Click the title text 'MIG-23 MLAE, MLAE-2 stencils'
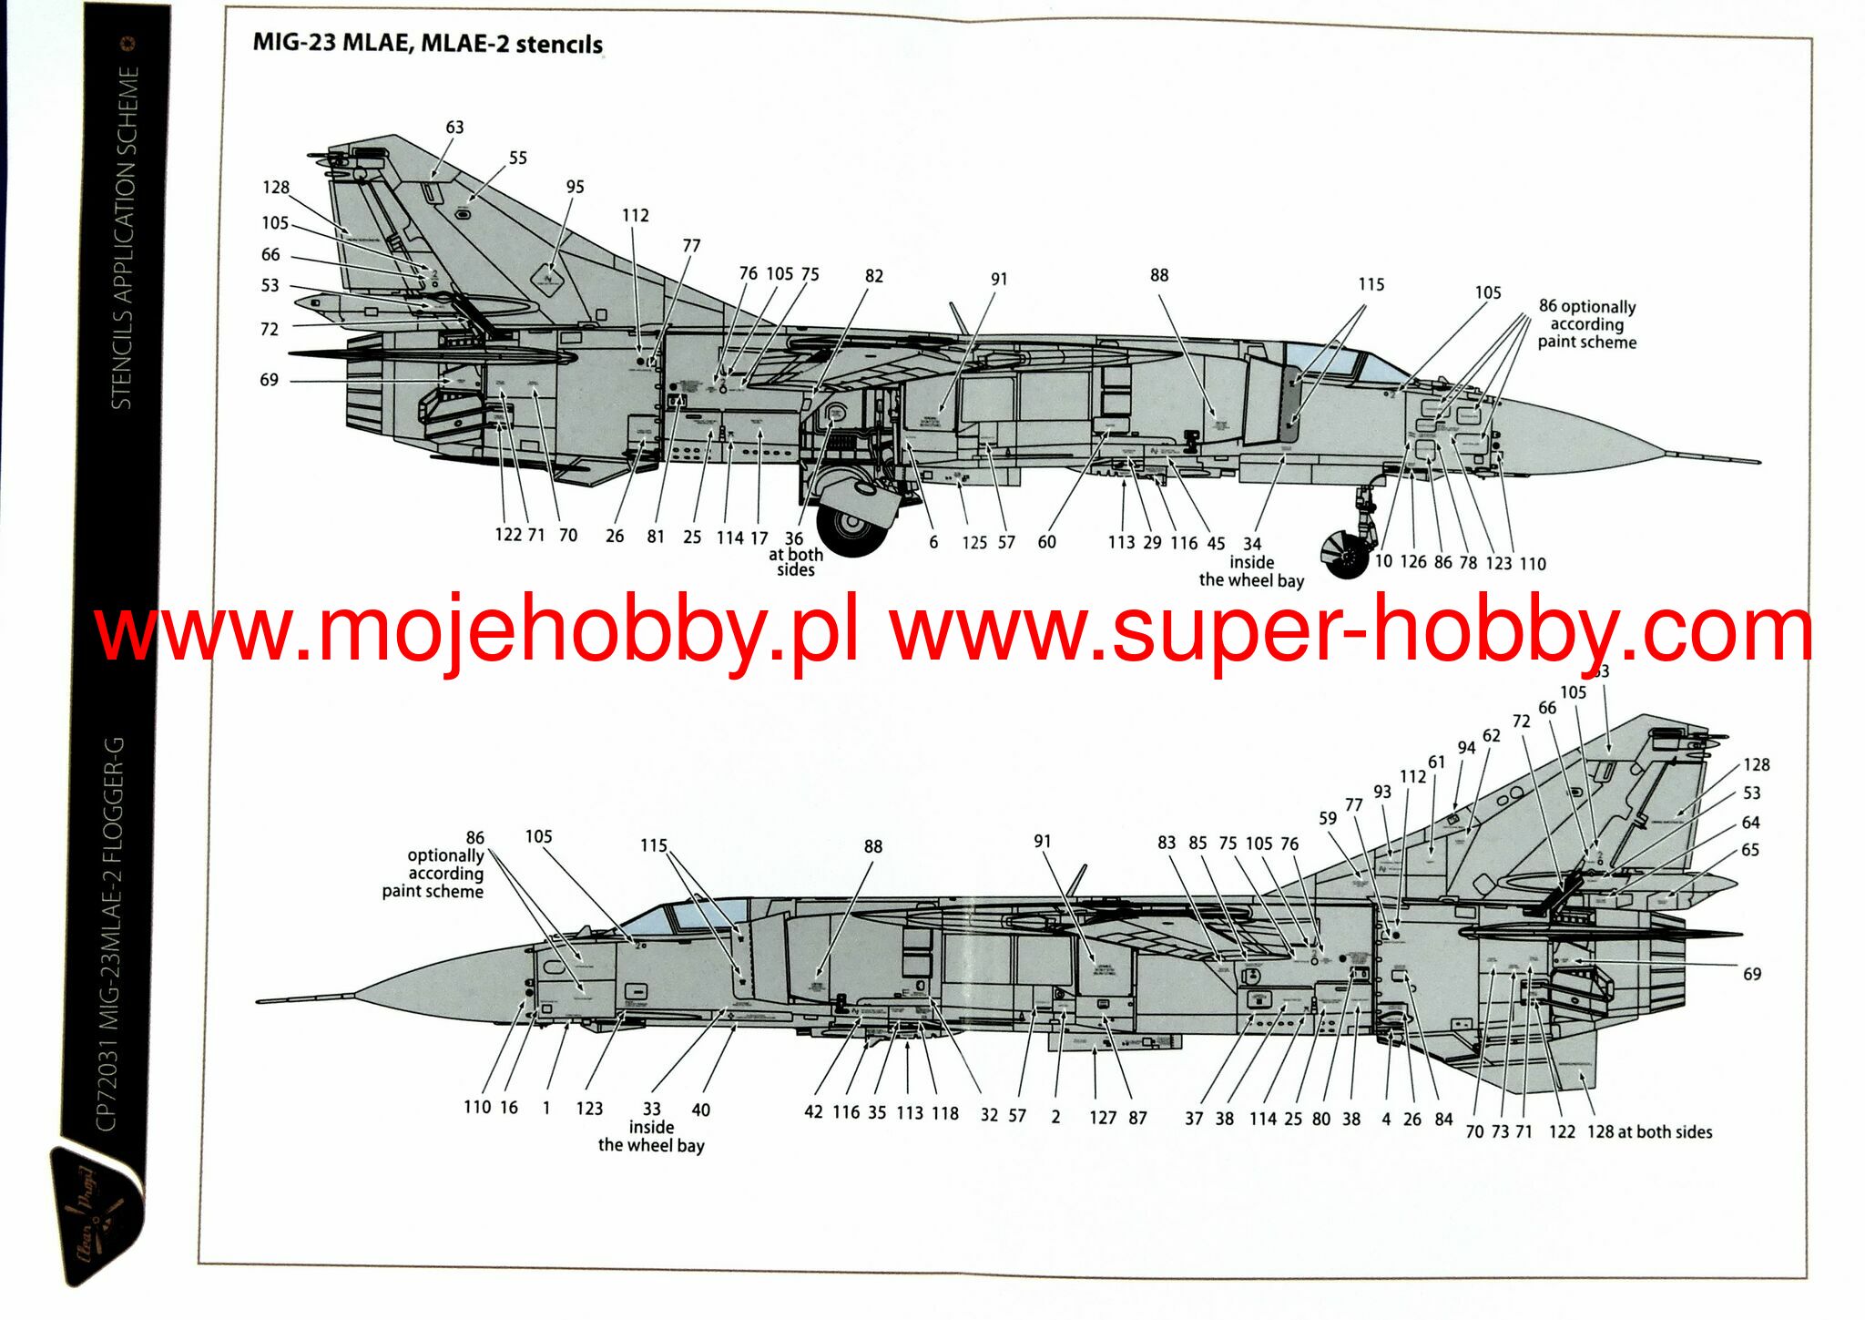point(427,44)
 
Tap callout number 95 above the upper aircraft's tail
point(575,187)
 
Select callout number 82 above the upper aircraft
point(873,276)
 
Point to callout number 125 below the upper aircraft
point(973,543)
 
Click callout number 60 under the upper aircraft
point(1046,542)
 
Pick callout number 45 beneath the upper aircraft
point(1216,544)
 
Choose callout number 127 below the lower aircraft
point(1102,1118)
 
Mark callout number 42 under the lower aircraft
point(813,1112)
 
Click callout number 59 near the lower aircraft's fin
point(1328,818)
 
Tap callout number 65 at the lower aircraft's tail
point(1750,850)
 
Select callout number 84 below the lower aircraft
point(1443,1119)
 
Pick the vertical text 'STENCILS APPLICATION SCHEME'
point(124,237)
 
